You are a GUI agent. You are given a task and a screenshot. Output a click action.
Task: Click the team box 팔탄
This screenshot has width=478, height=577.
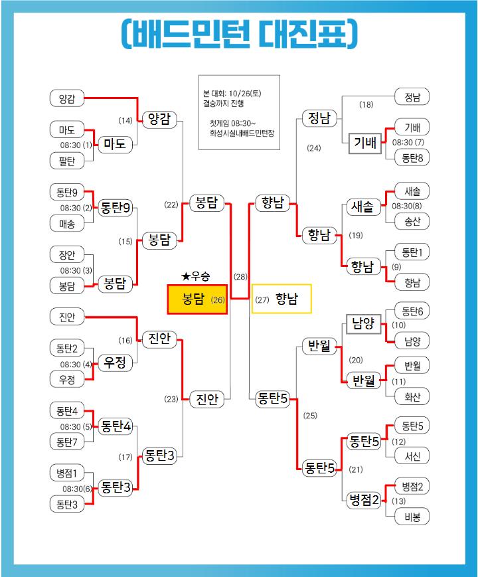[x=66, y=160]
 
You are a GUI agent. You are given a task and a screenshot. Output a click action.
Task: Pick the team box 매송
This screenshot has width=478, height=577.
[x=66, y=224]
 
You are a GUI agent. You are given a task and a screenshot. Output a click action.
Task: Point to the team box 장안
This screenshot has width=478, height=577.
[x=66, y=254]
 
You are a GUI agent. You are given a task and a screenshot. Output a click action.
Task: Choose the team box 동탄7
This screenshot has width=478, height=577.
[x=66, y=441]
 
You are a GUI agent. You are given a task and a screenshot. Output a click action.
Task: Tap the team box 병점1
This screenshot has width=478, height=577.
[x=66, y=473]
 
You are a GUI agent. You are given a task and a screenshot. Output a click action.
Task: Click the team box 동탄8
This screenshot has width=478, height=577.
[x=412, y=157]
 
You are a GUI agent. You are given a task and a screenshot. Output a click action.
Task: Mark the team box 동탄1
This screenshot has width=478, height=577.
[x=412, y=252]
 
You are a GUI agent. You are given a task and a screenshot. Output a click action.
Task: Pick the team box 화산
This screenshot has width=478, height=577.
[x=412, y=397]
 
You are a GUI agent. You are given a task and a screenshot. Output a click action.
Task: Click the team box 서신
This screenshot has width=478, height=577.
[x=412, y=456]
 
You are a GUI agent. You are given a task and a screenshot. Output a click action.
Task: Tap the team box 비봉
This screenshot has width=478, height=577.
[x=412, y=517]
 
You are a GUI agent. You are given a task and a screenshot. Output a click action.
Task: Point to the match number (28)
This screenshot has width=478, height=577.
[x=240, y=276]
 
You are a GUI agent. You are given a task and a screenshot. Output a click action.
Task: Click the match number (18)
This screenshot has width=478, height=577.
[x=366, y=104]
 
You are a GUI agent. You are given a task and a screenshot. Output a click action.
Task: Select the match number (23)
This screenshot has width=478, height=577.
[x=171, y=399]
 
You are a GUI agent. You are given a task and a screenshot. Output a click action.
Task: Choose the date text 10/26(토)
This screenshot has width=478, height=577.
[x=244, y=94]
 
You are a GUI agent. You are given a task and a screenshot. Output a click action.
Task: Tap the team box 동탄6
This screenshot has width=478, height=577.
[x=412, y=311]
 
